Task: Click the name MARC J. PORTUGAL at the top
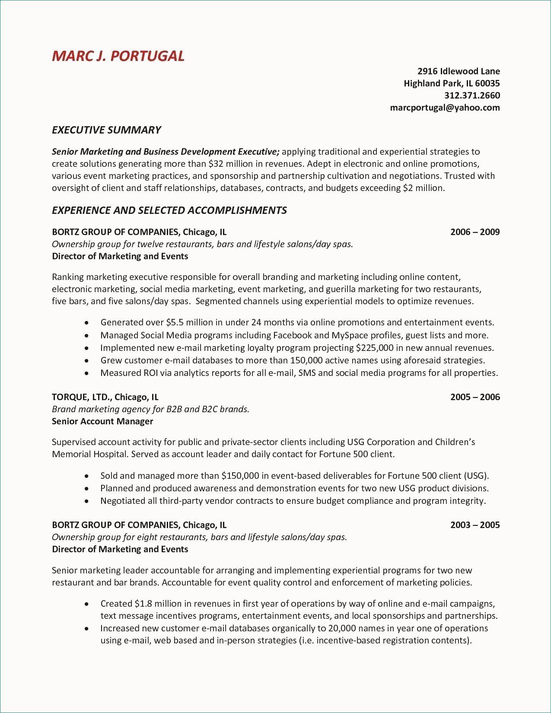coord(118,56)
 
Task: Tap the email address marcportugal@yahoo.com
coord(445,108)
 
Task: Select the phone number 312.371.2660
coord(472,95)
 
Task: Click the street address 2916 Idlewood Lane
coord(459,71)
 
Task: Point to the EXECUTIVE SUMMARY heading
coord(106,130)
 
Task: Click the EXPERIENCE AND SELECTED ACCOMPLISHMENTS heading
coord(169,210)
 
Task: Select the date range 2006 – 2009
coord(475,232)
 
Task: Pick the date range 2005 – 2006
coord(475,397)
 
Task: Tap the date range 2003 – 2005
coord(475,525)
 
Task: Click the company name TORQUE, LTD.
coord(82,397)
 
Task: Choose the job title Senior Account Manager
coord(102,421)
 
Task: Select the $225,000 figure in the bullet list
coord(374,348)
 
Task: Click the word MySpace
coord(349,335)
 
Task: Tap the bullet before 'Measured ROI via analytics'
coord(87,373)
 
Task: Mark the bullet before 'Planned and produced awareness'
coord(87,489)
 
